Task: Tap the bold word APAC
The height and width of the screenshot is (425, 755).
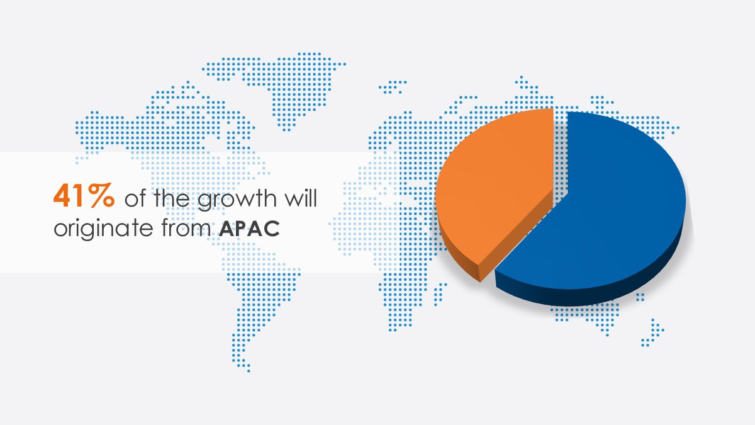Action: click(250, 229)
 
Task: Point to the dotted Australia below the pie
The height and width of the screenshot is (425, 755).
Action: click(585, 315)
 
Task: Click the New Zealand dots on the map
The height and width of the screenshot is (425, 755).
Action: click(653, 334)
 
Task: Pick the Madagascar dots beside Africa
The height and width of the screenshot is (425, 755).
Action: click(442, 292)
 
